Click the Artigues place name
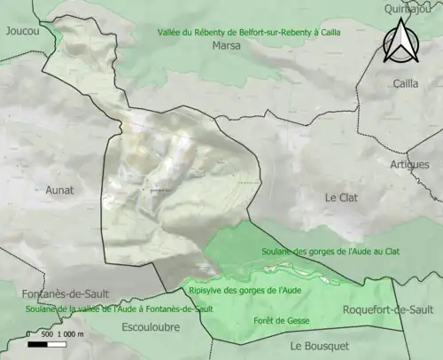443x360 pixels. [x=409, y=165]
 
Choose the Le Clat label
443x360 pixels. [x=341, y=198]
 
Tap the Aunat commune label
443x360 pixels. [x=60, y=190]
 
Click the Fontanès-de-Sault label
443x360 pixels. [x=53, y=293]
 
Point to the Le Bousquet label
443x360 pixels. [x=320, y=345]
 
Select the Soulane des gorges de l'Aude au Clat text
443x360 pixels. [x=330, y=252]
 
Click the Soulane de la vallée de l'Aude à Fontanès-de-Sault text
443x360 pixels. [x=107, y=309]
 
